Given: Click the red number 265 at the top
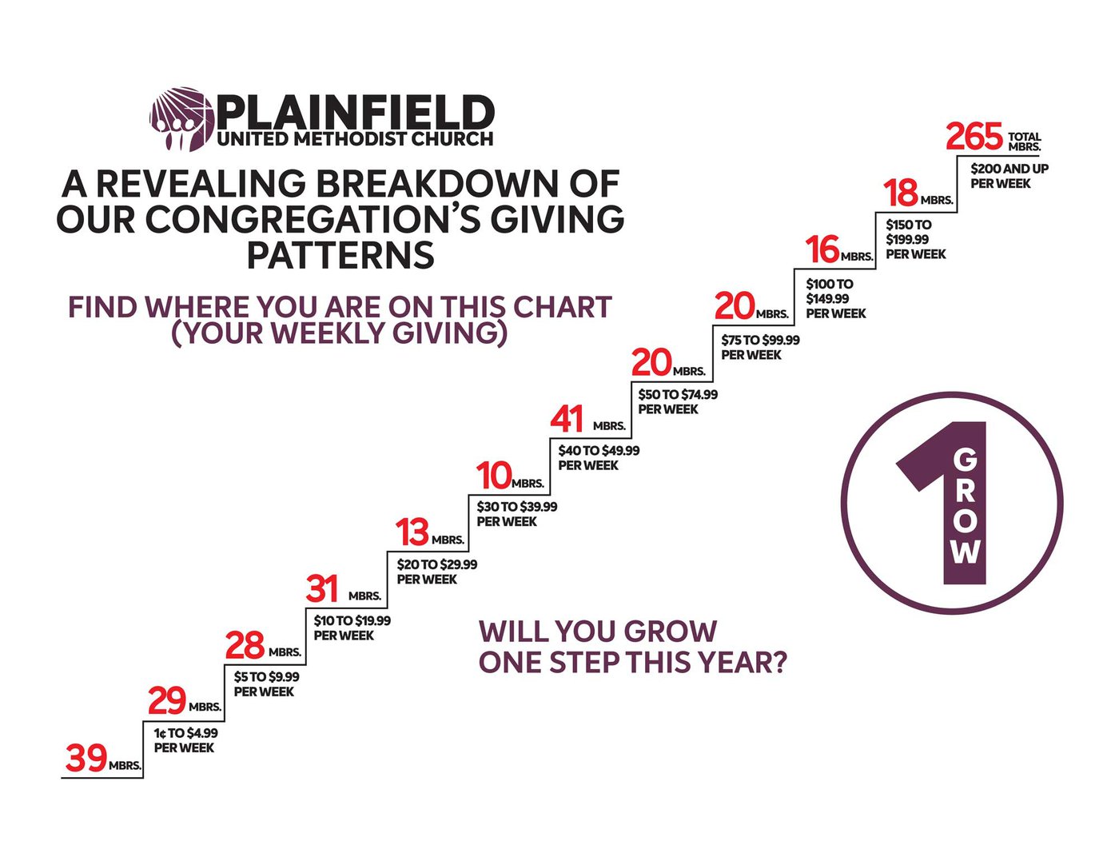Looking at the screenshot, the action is pyautogui.click(x=974, y=137).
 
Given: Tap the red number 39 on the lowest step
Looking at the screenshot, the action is pyautogui.click(x=86, y=758).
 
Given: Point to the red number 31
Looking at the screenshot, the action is pyautogui.click(x=322, y=588).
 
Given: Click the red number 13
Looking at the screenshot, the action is pyautogui.click(x=412, y=532).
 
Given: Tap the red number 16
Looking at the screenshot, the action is pyautogui.click(x=823, y=249).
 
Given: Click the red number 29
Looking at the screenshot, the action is pyautogui.click(x=167, y=701).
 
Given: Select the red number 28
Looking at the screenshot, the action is pyautogui.click(x=245, y=645).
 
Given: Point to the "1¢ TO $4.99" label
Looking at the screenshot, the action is pyautogui.click(x=186, y=732).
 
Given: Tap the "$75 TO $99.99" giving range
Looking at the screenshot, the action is pyautogui.click(x=760, y=340).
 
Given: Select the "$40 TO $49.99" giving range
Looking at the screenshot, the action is pyautogui.click(x=599, y=451).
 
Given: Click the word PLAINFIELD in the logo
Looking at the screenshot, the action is pyautogui.click(x=355, y=112).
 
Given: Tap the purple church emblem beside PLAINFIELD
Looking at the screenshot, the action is pyautogui.click(x=181, y=119).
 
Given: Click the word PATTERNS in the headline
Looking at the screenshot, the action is pyautogui.click(x=341, y=255).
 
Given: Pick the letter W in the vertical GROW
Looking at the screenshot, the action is pyautogui.click(x=966, y=553).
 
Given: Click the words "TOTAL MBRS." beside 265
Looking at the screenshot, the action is pyautogui.click(x=1024, y=142).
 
